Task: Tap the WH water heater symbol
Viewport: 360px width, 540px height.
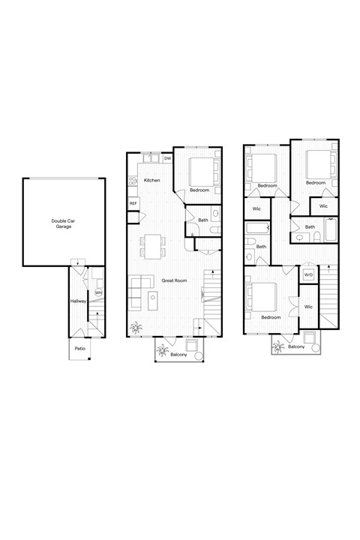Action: pyautogui.click(x=98, y=292)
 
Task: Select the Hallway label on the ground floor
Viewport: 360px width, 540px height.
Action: pyautogui.click(x=79, y=301)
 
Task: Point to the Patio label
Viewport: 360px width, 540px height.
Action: pyautogui.click(x=80, y=349)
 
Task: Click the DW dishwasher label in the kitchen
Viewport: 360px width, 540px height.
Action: pyautogui.click(x=167, y=159)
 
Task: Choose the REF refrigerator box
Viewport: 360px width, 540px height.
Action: pyautogui.click(x=133, y=203)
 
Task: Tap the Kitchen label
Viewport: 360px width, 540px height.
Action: pyautogui.click(x=152, y=181)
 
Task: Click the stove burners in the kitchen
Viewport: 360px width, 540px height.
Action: pyautogui.click(x=131, y=181)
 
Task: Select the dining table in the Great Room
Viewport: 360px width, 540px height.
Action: pyautogui.click(x=153, y=245)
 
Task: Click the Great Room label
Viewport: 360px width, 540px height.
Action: pyautogui.click(x=173, y=280)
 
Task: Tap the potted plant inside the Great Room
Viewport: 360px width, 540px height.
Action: pyautogui.click(x=137, y=328)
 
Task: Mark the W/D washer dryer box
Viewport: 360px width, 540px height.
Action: pyautogui.click(x=308, y=275)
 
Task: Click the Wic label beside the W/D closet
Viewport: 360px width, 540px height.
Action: pyautogui.click(x=308, y=307)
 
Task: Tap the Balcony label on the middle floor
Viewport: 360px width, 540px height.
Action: pyautogui.click(x=178, y=354)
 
